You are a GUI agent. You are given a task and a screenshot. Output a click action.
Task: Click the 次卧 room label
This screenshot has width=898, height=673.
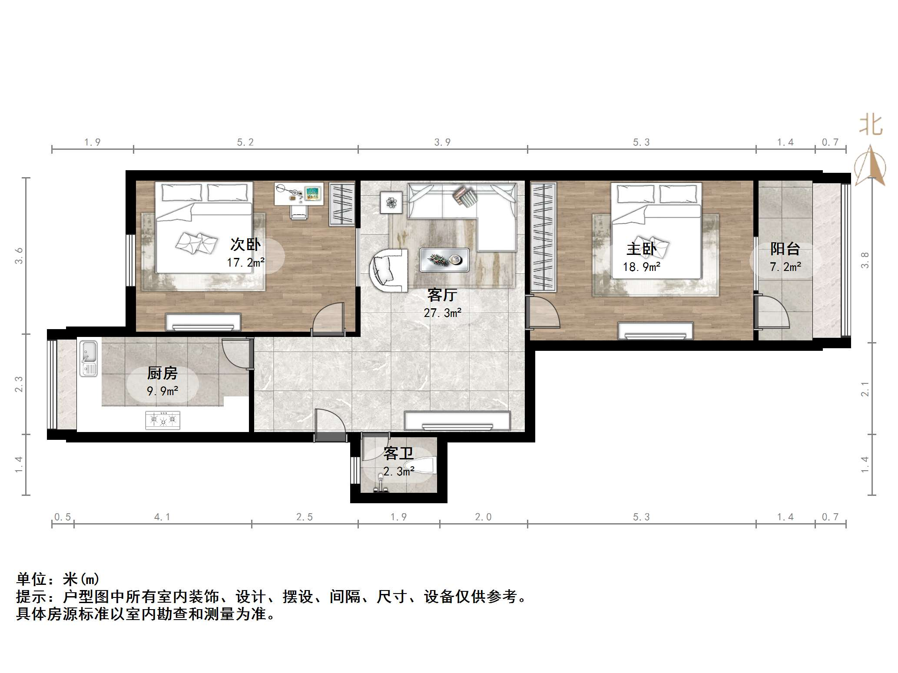point(245,245)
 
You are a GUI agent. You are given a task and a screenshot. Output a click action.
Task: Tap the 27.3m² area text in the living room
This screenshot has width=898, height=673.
point(442,313)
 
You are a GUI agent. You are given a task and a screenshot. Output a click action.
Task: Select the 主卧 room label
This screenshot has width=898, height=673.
point(641,249)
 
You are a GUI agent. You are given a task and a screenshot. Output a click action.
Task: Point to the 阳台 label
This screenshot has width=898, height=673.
point(785,249)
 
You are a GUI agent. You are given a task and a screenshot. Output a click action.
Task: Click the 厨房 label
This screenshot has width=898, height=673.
point(162,373)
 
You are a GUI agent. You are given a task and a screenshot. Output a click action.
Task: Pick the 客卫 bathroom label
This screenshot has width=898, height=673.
point(398,454)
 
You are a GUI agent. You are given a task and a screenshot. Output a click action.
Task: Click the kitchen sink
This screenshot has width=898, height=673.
point(89,358)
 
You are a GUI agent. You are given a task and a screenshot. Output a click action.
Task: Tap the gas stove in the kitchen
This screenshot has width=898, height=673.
point(162,420)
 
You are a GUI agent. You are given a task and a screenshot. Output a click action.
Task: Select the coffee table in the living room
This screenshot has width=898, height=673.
point(444,260)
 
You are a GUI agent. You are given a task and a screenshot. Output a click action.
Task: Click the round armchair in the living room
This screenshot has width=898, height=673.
point(389,270)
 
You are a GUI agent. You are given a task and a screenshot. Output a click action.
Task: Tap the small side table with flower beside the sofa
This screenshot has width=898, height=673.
point(391,202)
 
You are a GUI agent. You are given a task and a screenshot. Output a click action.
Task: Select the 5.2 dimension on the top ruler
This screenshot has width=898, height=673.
point(245,142)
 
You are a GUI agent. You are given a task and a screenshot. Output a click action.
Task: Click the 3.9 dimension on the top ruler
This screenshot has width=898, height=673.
point(442,142)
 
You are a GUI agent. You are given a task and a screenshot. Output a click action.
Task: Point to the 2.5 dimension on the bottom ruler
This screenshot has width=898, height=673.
point(304,517)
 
